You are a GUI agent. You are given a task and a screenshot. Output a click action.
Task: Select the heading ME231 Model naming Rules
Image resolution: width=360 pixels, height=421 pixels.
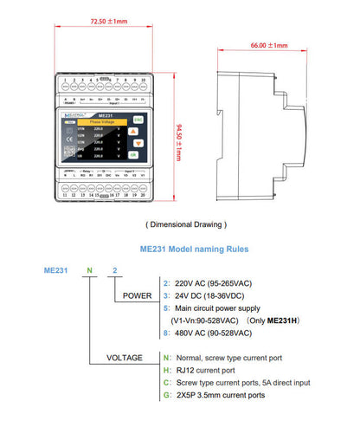(194, 249)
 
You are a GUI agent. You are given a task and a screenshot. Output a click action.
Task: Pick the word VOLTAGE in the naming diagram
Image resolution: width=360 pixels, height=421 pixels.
(125, 356)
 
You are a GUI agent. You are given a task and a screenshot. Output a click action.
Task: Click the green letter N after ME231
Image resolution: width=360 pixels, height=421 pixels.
(88, 269)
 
